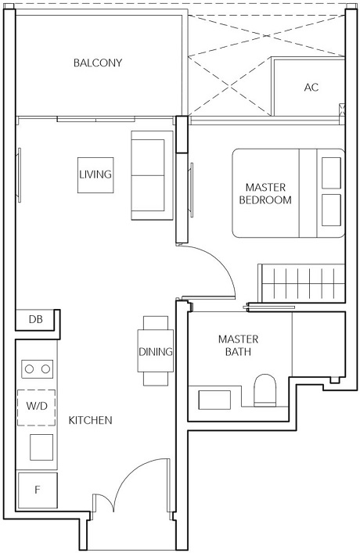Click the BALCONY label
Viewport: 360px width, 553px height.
pyautogui.click(x=98, y=63)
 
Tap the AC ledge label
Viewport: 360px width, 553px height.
pyautogui.click(x=311, y=87)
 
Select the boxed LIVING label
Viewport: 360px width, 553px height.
pyautogui.click(x=95, y=174)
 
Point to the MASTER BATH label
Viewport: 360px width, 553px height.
pyautogui.click(x=238, y=346)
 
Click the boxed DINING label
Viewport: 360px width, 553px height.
pyautogui.click(x=155, y=352)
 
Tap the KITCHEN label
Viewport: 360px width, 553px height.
pyautogui.click(x=91, y=420)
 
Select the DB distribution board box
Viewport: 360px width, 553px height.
pyautogui.click(x=35, y=319)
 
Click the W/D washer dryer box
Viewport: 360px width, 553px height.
pyautogui.click(x=35, y=406)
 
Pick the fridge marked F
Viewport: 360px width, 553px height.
pyautogui.click(x=35, y=490)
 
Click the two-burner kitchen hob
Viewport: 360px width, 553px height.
pyautogui.click(x=36, y=368)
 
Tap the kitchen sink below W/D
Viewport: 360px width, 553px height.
pyautogui.click(x=40, y=447)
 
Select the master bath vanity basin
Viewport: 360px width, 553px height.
pyautogui.click(x=214, y=398)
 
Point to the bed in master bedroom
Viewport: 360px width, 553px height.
pyautogui.click(x=286, y=192)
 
